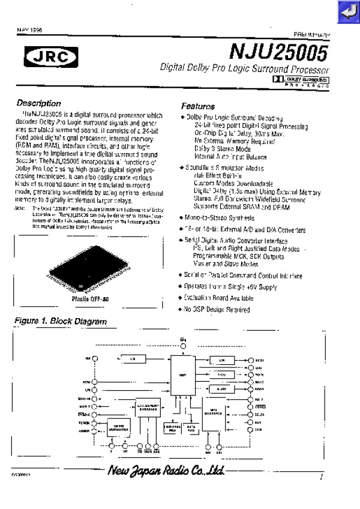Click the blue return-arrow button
(347, 11)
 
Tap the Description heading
(38, 103)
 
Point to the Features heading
(198, 106)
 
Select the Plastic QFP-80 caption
(90, 298)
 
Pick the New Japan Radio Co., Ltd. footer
(165, 472)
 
